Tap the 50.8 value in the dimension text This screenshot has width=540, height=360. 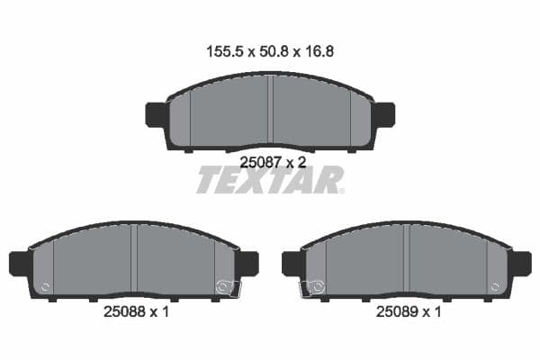pos(270,52)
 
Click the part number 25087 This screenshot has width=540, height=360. pos(259,162)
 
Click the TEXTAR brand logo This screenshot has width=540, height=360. pos(270,180)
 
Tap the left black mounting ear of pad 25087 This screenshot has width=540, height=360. pos(156,115)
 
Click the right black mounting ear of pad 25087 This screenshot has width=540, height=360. pos(384,115)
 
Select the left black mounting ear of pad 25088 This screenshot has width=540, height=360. pos(19,264)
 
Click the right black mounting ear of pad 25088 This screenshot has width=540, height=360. pos(248,264)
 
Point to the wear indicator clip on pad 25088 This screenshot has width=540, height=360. pos(227,288)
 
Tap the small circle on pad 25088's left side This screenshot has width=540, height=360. pos(47,288)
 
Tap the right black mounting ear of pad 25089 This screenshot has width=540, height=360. pos(521,264)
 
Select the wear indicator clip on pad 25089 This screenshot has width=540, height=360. pos(313,288)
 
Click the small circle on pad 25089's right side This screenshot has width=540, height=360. pos(493,288)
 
